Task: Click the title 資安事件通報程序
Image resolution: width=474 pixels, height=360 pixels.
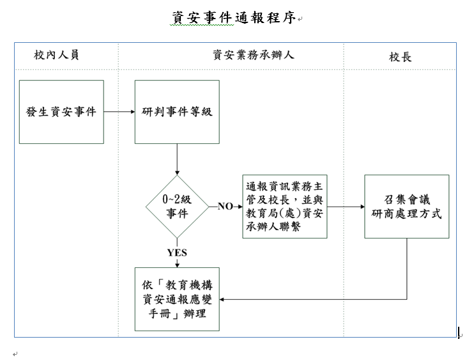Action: [x=234, y=18]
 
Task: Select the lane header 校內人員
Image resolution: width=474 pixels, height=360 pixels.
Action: [x=56, y=56]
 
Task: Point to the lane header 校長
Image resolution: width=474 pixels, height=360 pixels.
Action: [x=401, y=57]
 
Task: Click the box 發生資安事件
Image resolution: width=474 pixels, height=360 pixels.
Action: [x=61, y=112]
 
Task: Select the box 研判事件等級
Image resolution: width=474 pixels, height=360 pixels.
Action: [x=177, y=112]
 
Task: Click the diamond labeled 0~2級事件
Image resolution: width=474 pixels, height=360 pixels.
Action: [x=177, y=207]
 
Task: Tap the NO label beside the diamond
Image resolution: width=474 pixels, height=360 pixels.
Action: [x=226, y=207]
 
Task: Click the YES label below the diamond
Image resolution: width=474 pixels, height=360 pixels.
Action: [x=177, y=253]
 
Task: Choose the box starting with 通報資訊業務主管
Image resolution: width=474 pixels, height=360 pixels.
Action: [x=284, y=207]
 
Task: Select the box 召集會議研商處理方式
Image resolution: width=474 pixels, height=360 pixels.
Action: [x=406, y=207]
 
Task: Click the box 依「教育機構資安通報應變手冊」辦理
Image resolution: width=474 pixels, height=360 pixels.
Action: [x=177, y=299]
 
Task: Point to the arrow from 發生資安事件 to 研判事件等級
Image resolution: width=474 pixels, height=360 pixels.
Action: [x=119, y=112]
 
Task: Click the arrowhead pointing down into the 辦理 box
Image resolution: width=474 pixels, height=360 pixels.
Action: [x=177, y=263]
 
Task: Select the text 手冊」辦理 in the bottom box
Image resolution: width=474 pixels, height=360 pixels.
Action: [x=177, y=315]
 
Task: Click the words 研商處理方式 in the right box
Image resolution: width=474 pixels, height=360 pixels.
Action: [x=406, y=214]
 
